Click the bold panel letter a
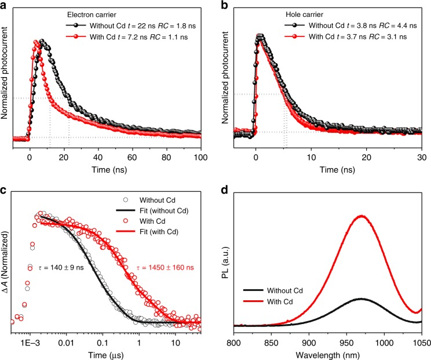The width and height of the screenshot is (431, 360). pyautogui.click(x=5, y=6)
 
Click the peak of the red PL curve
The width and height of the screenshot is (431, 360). pyautogui.click(x=363, y=216)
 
